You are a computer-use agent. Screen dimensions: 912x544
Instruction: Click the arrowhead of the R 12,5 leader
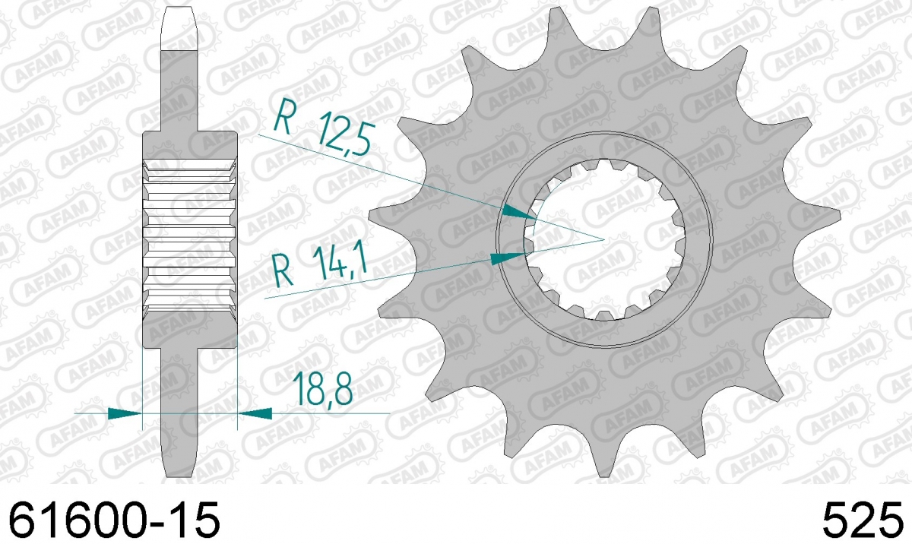click(519, 212)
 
